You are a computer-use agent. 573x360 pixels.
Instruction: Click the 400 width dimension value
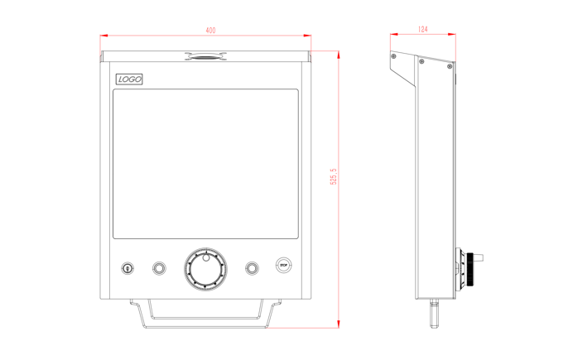[x=210, y=31]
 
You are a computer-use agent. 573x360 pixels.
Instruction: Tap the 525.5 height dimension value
[x=334, y=176]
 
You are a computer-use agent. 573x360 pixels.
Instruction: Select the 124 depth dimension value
[x=423, y=29]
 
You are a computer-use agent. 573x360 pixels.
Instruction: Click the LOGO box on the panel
[x=129, y=79]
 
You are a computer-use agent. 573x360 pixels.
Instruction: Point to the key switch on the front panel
[x=128, y=268]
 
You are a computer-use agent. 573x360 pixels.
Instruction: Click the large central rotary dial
[x=205, y=269]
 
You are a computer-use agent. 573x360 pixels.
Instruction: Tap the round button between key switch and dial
[x=159, y=268]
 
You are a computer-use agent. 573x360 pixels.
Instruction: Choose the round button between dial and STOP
[x=252, y=268]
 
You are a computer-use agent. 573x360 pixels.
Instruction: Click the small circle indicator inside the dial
[x=206, y=257]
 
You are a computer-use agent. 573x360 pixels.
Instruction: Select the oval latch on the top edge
[x=205, y=56]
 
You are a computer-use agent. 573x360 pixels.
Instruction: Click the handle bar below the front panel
[x=205, y=314]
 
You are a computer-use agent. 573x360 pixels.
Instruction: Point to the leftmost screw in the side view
[x=393, y=56]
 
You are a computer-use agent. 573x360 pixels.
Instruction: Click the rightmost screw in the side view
[x=450, y=66]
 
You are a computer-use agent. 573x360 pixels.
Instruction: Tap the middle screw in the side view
[x=421, y=61]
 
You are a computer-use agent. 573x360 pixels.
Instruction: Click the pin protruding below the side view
[x=435, y=314]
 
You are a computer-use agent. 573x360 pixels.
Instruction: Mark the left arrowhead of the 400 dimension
[x=104, y=36]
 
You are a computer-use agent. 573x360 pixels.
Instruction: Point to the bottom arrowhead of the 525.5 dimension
[x=339, y=324]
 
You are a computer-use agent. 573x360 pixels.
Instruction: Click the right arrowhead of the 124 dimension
[x=452, y=34]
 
